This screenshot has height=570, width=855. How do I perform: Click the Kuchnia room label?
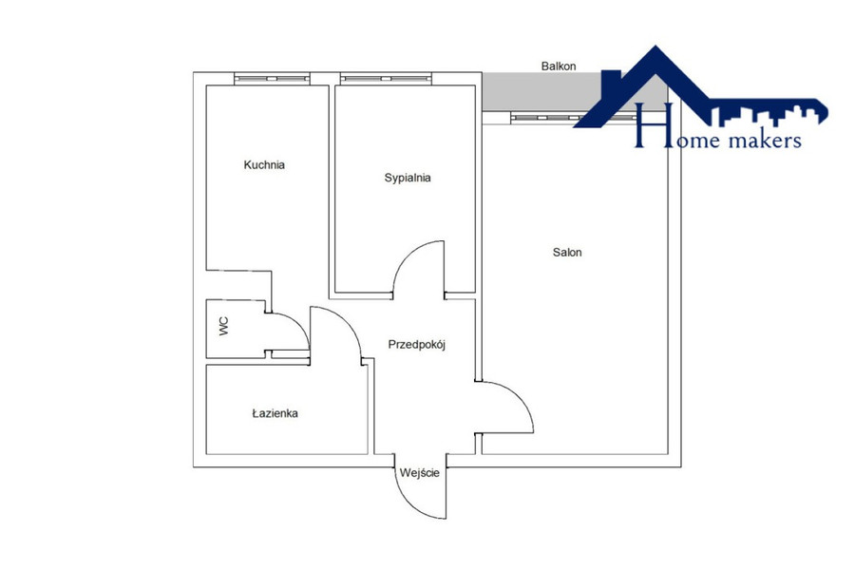[264, 164]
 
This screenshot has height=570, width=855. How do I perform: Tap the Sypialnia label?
[408, 178]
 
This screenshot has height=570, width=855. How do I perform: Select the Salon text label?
[567, 252]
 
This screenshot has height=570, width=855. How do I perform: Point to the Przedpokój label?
[417, 345]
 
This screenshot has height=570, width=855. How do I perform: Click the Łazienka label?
[275, 413]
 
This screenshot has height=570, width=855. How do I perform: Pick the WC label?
[224, 326]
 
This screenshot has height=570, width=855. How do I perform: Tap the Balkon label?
[559, 66]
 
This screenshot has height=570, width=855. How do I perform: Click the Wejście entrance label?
[419, 473]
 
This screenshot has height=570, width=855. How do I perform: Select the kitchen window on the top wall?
[272, 79]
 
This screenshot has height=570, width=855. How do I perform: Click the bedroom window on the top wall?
[386, 79]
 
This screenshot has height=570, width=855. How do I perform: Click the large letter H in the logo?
[647, 125]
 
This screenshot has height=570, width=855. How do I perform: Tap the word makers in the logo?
[765, 141]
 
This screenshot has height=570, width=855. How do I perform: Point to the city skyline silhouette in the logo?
[769, 116]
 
